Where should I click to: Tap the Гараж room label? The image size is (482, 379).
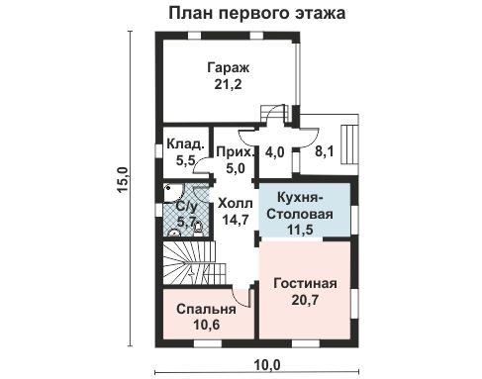(x=228, y=67)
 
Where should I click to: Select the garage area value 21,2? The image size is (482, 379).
(x=228, y=85)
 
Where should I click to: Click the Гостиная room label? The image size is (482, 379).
(x=305, y=283)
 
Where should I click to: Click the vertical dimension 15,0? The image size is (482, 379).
(x=123, y=184)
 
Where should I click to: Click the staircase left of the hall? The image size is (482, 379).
(x=187, y=265)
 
